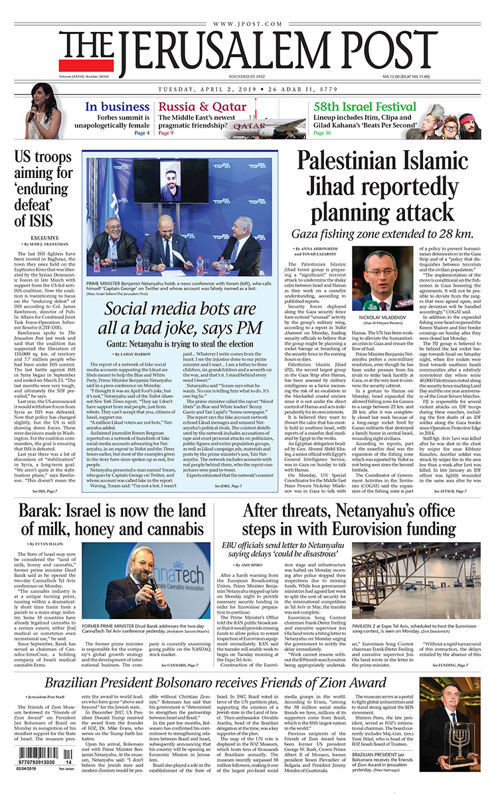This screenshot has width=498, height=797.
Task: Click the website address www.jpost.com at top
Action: tap(248, 25)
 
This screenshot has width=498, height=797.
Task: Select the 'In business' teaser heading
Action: tap(117, 107)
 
